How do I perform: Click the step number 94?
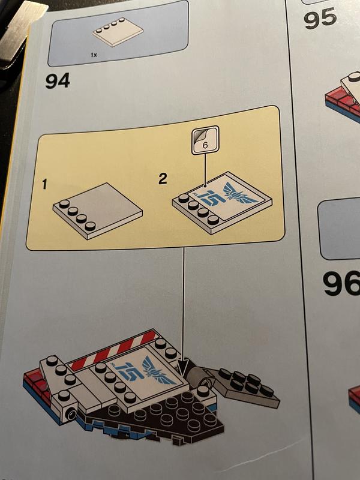[x=58, y=80]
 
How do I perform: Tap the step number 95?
[x=320, y=18]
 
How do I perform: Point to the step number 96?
[x=341, y=283]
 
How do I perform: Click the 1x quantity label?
[x=94, y=55]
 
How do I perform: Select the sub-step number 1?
[x=45, y=184]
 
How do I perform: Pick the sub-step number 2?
[x=163, y=178]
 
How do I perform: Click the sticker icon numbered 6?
[x=205, y=140]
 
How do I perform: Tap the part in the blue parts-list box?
[x=118, y=32]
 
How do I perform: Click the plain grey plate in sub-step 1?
[x=97, y=211]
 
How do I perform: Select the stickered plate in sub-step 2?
[x=222, y=203]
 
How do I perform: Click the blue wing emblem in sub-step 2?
[x=241, y=194]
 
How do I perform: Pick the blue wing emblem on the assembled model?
[x=158, y=370]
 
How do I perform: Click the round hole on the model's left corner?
[x=71, y=415]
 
